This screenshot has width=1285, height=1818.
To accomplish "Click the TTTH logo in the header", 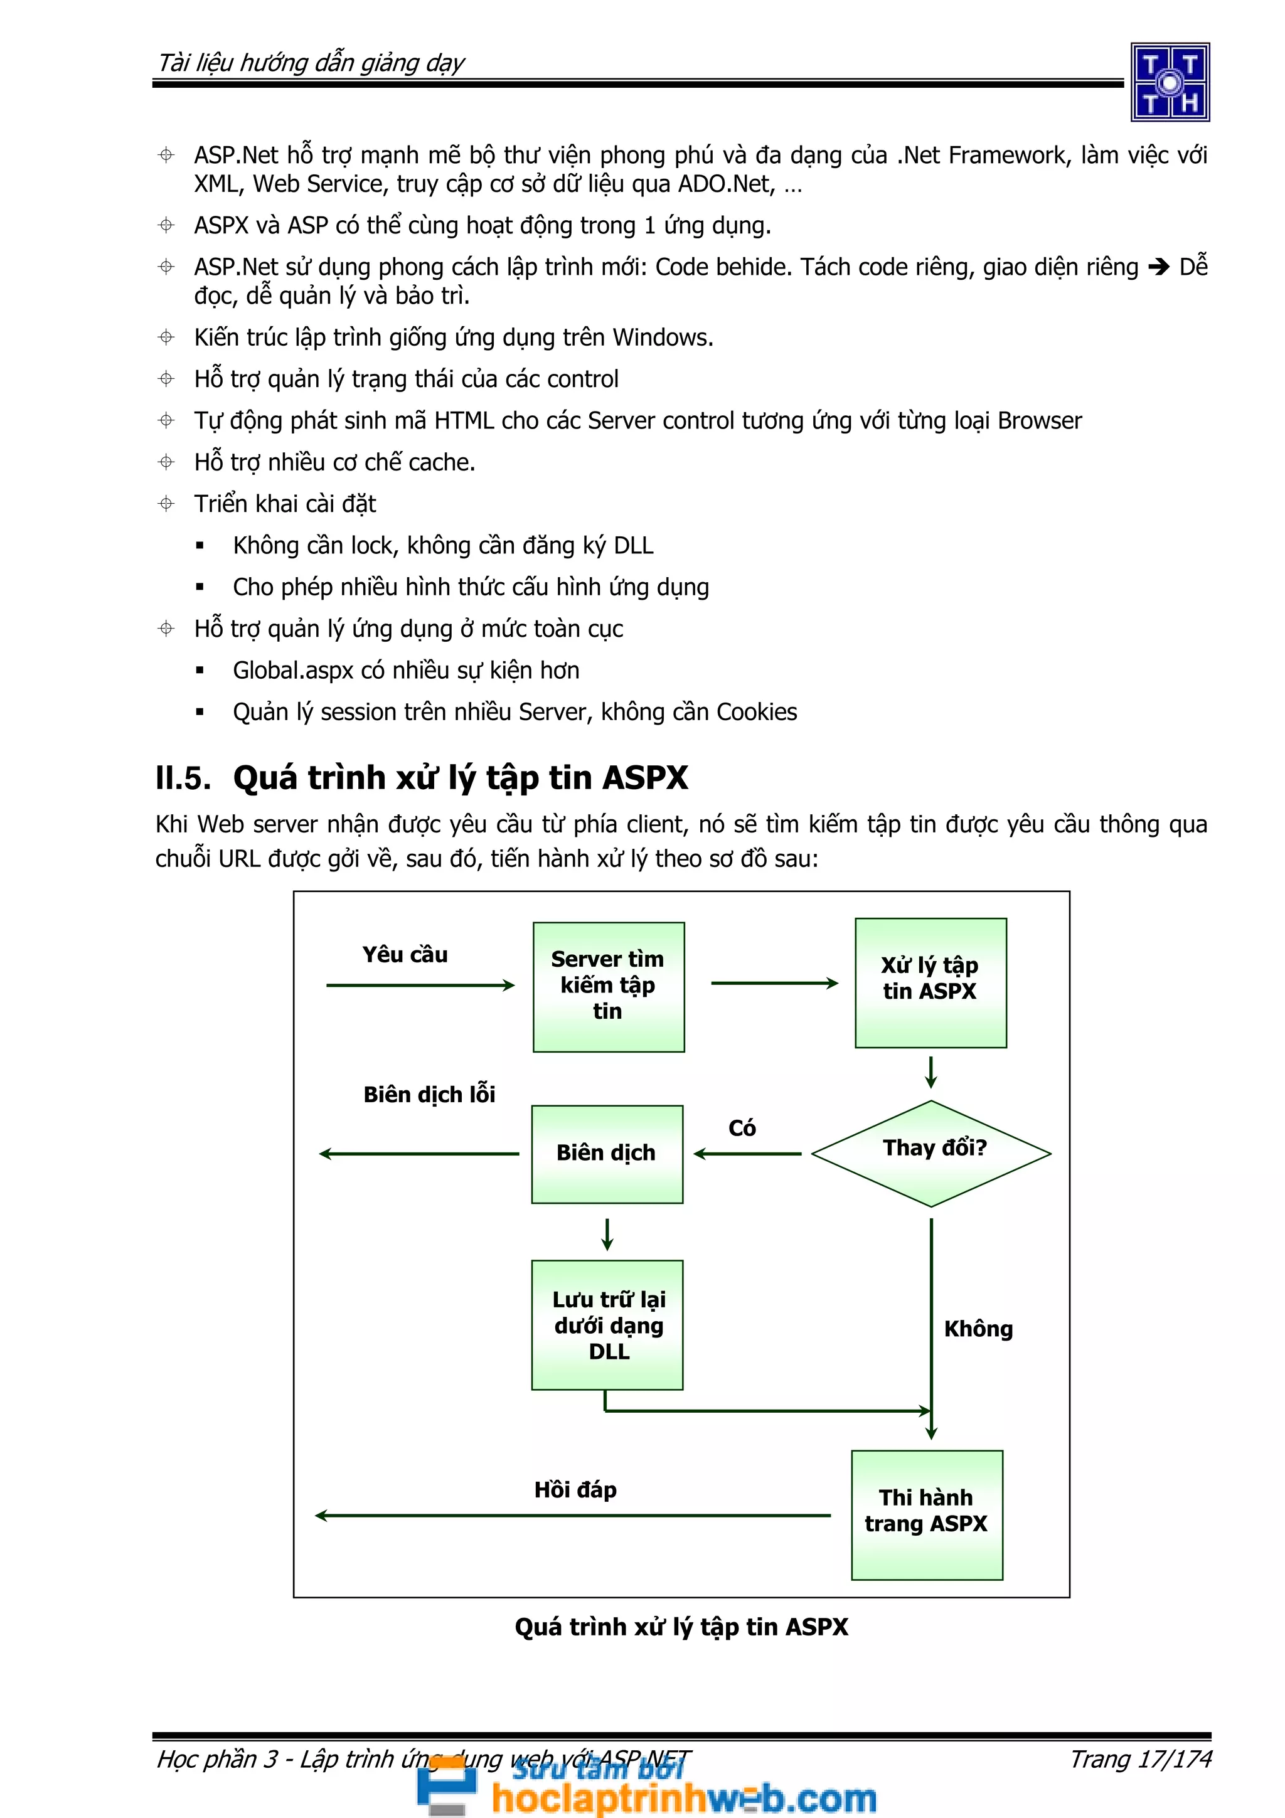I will pyautogui.click(x=1170, y=82).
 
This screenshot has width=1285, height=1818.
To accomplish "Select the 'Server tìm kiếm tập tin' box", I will pyautogui.click(x=608, y=987).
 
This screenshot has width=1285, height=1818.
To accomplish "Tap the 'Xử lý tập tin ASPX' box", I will pyautogui.click(x=930, y=982).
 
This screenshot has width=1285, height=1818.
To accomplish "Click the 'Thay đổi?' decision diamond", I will pyautogui.click(x=931, y=1153).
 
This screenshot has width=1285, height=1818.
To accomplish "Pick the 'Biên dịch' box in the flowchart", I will pyautogui.click(x=607, y=1154).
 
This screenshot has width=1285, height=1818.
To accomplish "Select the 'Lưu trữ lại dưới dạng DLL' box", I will pyautogui.click(x=607, y=1325).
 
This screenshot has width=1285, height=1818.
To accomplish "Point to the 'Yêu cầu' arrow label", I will pyautogui.click(x=405, y=955).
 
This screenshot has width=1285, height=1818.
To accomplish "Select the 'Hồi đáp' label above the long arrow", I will pyautogui.click(x=575, y=1489).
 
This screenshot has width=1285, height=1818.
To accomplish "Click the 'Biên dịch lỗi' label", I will pyautogui.click(x=429, y=1094).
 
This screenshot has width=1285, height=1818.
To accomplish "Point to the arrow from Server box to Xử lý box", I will pyautogui.click(x=774, y=984).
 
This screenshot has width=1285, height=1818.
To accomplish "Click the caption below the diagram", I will pyautogui.click(x=681, y=1627).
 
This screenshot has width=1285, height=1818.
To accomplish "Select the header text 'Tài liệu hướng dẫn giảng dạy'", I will pyautogui.click(x=311, y=63).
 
